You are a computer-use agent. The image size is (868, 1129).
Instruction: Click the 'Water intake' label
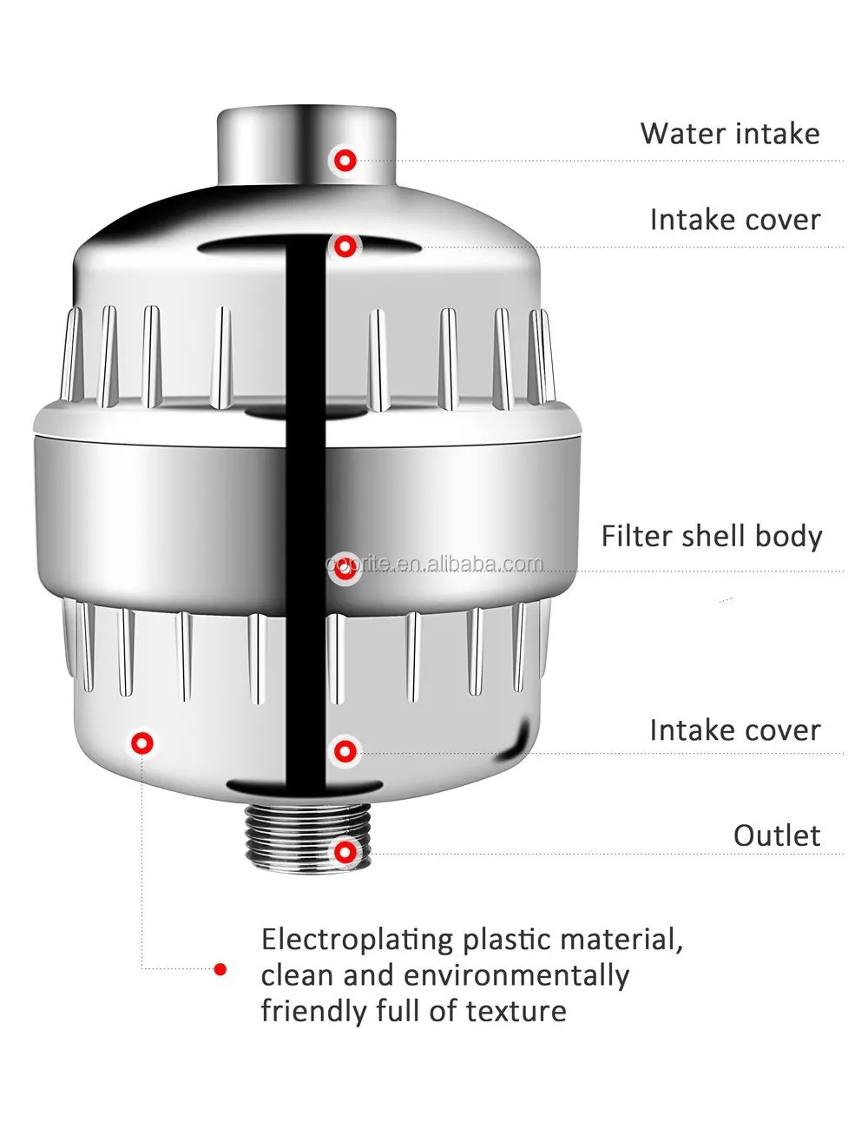[729, 134]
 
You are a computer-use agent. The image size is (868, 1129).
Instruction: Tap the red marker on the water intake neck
[345, 160]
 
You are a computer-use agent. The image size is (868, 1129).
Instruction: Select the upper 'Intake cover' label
[734, 220]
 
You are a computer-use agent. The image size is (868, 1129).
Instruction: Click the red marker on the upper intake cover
[345, 247]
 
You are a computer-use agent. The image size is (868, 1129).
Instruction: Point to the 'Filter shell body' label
[711, 536]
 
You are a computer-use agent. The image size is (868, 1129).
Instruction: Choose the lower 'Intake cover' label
[734, 730]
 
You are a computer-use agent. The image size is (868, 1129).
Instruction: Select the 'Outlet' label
[776, 835]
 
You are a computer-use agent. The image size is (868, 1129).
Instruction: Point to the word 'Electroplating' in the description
[358, 941]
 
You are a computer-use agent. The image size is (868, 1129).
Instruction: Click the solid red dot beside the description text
[220, 969]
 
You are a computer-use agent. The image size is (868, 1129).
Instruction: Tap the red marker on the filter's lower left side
[141, 743]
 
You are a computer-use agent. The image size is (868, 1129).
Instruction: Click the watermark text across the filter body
[434, 564]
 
